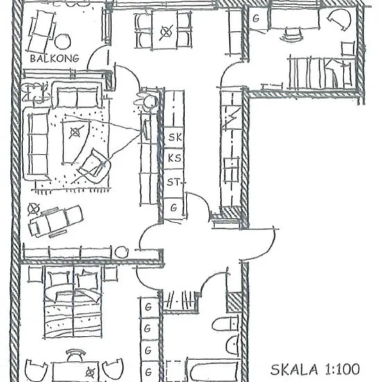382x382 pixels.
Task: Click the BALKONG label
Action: click(55, 58)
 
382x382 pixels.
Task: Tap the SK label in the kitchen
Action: click(175, 137)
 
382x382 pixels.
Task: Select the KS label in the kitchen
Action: click(174, 158)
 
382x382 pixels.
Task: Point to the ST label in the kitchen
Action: click(173, 182)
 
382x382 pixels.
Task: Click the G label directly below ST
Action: click(174, 208)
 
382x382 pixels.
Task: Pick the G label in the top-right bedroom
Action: click(256, 19)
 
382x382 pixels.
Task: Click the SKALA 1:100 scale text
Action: click(315, 369)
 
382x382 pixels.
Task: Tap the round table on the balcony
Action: click(63, 41)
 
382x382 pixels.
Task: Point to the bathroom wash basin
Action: click(233, 344)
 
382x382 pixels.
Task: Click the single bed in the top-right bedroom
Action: click(321, 72)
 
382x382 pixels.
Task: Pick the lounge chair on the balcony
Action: click(42, 32)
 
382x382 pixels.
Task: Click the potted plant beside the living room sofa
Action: click(35, 93)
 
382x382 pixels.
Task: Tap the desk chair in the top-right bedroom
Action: click(292, 34)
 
